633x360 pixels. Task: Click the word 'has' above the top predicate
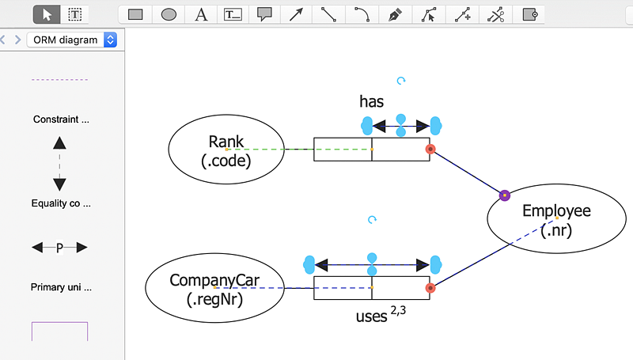click(x=371, y=101)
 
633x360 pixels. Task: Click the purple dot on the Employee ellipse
click(x=505, y=195)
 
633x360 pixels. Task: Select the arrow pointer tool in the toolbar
click(x=47, y=14)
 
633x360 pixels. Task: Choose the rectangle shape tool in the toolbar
click(x=135, y=14)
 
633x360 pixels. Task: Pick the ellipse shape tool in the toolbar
click(x=169, y=14)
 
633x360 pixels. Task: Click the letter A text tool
click(x=201, y=14)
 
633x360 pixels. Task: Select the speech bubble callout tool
click(x=264, y=14)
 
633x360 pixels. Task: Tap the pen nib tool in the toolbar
click(x=395, y=14)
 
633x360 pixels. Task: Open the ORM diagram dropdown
click(x=72, y=40)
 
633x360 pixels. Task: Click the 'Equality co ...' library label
click(x=61, y=203)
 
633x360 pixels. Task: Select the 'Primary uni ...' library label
click(x=61, y=287)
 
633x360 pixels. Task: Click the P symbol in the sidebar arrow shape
click(x=59, y=248)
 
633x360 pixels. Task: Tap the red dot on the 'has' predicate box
click(x=430, y=149)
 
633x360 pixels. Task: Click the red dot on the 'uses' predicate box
click(x=430, y=288)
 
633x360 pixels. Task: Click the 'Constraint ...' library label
click(x=61, y=119)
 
